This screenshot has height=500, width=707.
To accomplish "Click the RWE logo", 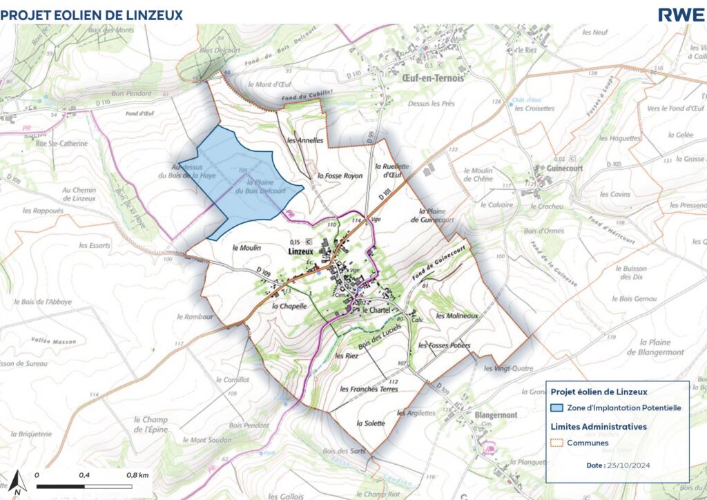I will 681,15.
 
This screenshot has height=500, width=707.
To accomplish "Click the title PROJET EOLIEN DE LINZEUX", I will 92,15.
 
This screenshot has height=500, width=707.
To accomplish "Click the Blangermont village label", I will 496,415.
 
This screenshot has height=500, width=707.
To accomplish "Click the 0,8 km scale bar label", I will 138,476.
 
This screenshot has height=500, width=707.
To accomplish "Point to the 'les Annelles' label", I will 304,140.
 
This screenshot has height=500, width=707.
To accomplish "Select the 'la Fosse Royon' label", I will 340,176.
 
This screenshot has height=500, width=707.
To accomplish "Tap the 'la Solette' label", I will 369,422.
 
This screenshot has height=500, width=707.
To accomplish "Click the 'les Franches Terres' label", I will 370,389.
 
